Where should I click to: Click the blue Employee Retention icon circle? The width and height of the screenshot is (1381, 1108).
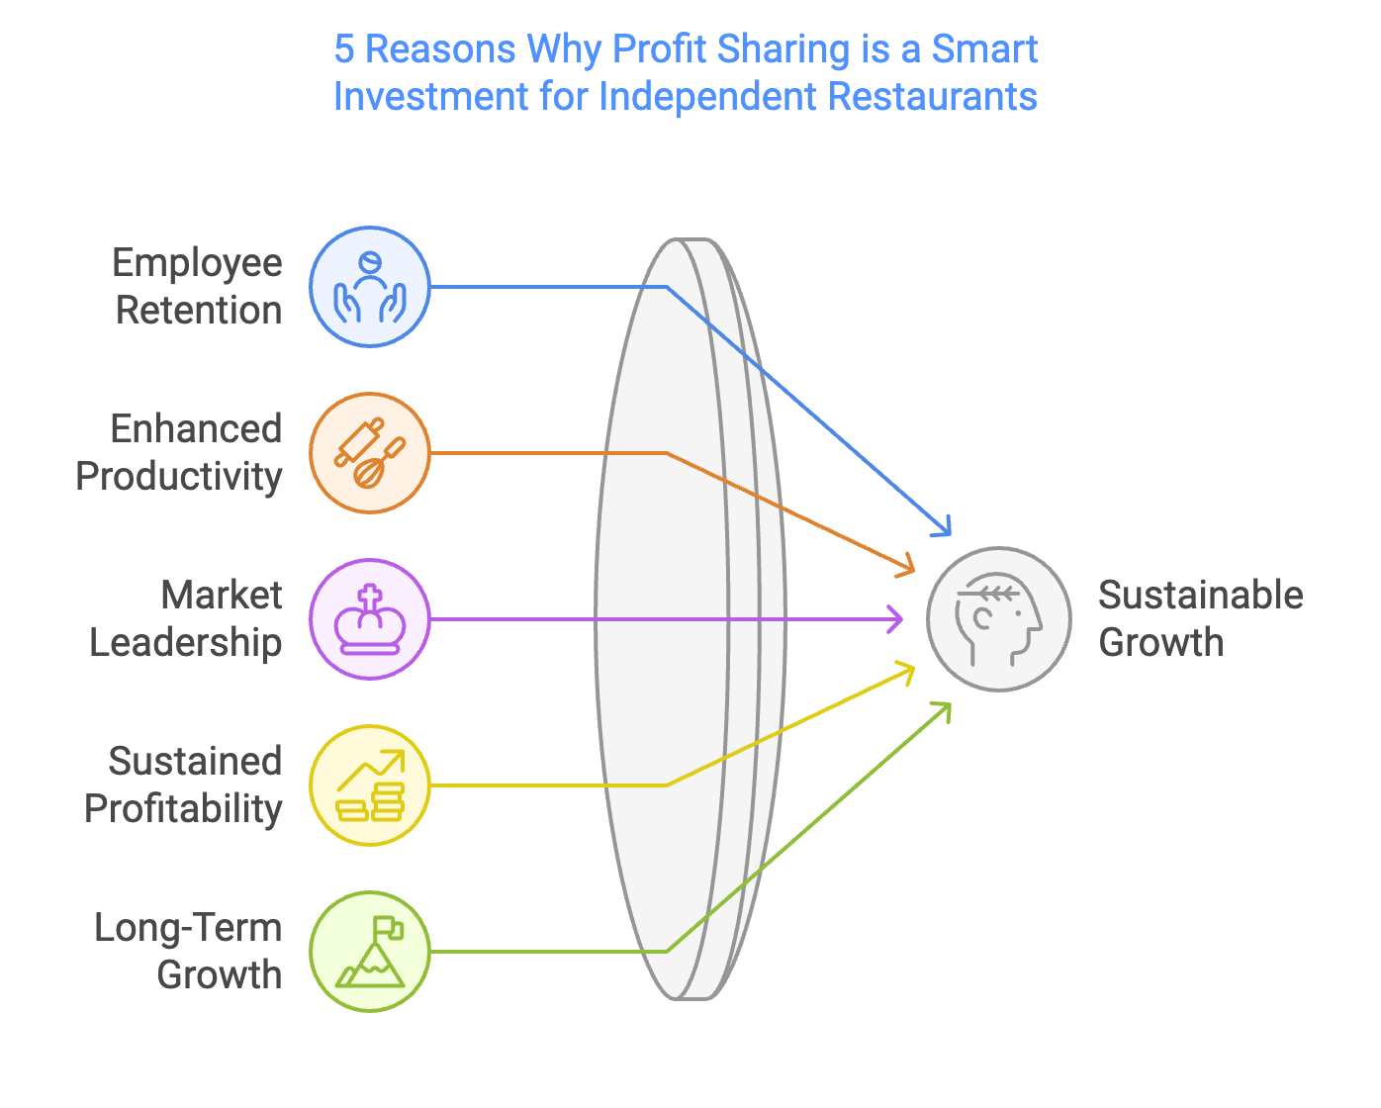tap(370, 287)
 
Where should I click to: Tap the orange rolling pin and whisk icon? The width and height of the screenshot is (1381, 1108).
tap(370, 453)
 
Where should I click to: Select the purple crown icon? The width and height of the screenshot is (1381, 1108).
tap(370, 619)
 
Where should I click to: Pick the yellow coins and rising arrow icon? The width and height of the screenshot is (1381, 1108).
tap(370, 785)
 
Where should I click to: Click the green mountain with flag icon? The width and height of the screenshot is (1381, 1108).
tap(370, 952)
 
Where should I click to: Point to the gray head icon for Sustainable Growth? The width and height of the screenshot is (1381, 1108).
tap(998, 619)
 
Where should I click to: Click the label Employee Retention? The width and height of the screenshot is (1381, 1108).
tap(198, 287)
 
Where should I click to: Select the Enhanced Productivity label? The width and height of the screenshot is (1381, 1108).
tap(180, 453)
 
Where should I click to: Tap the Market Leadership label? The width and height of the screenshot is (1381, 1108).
tap(186, 619)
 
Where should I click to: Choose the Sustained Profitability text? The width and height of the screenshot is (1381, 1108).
tap(184, 785)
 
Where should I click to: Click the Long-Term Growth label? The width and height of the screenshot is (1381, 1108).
tap(189, 952)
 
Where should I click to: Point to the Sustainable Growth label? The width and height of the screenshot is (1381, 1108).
tap(1200, 619)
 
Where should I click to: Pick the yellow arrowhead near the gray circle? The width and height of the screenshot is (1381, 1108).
tap(906, 670)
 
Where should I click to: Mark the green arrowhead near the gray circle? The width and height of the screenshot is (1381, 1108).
tap(944, 708)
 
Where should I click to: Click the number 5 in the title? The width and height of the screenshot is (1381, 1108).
tap(343, 49)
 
